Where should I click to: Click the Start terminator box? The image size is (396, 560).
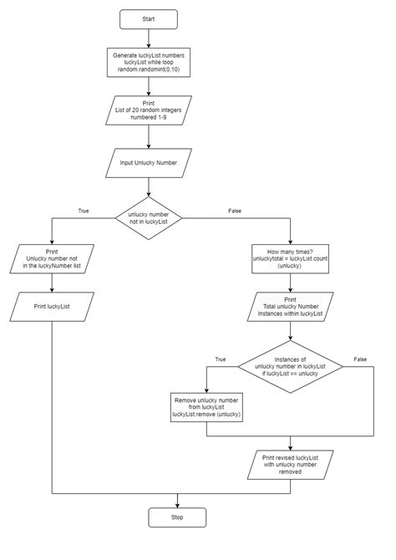[x=149, y=18]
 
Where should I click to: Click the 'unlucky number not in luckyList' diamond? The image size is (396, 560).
[x=149, y=218]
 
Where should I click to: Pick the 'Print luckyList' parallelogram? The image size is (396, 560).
[x=52, y=307]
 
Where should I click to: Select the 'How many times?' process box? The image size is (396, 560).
[x=290, y=258]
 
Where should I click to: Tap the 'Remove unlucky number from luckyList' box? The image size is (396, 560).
[x=207, y=407]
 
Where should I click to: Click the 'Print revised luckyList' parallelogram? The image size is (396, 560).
[x=290, y=464]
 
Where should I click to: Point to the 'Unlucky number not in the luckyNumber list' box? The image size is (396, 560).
[x=52, y=259]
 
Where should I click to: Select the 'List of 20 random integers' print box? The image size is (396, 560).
[x=148, y=111]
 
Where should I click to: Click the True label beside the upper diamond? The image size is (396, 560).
[x=83, y=211]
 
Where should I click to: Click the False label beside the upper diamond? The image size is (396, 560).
[x=235, y=211]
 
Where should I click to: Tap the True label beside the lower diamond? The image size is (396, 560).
[x=221, y=359]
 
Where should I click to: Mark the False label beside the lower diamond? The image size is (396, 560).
[x=360, y=359]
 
